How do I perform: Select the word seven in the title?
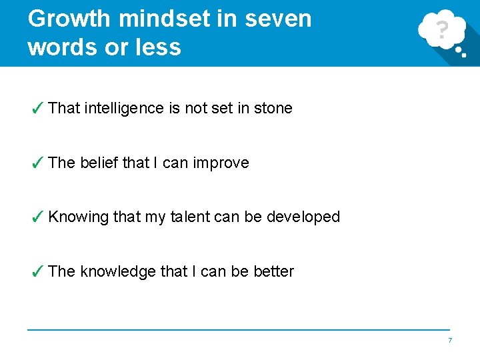278,19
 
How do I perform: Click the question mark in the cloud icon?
441,29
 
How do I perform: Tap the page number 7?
450,341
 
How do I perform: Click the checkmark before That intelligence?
38,108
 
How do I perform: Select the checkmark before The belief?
38,163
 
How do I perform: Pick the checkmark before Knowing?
38,217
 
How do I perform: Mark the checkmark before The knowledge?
38,271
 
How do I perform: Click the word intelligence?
124,108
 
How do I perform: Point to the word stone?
273,108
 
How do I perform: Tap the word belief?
99,163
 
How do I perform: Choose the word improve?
221,163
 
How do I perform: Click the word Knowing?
78,217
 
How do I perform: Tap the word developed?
303,217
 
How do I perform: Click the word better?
273,271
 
